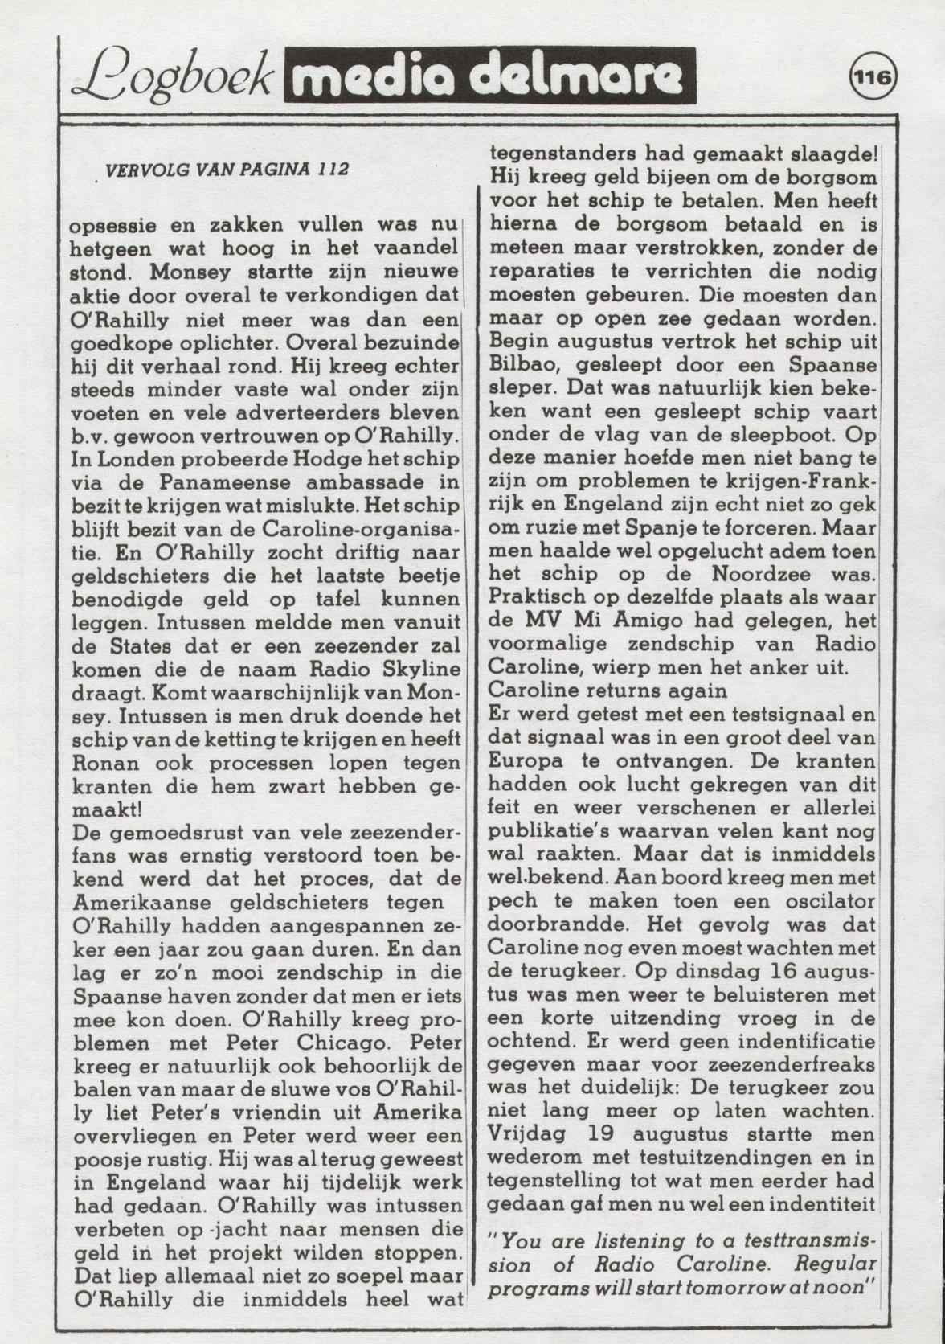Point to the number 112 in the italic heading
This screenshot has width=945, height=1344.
pyautogui.click(x=333, y=170)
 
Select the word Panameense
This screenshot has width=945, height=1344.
pyautogui.click(x=223, y=483)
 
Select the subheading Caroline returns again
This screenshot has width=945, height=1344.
pyautogui.click(x=607, y=690)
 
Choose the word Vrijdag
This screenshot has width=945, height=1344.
pyautogui.click(x=526, y=1134)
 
